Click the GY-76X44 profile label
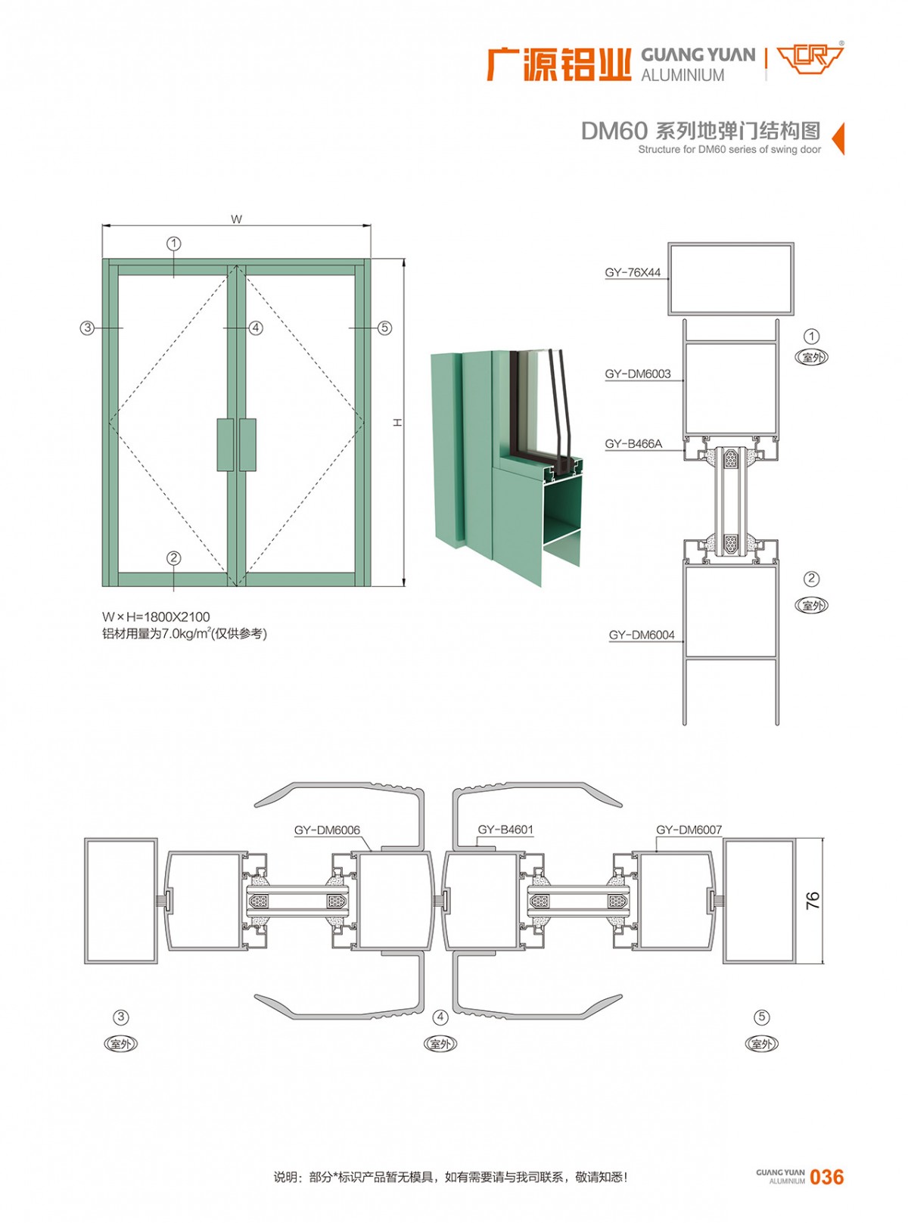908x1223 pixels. pos(633,272)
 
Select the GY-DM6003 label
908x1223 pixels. pos(637,374)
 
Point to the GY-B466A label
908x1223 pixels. pos(633,444)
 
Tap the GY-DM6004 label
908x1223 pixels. pos(642,635)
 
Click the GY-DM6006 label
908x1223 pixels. pos(327,830)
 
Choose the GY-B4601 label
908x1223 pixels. pos(505,830)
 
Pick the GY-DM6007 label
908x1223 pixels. pos(689,830)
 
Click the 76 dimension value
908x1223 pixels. pos(813,900)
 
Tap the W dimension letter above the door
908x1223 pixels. pos(237,219)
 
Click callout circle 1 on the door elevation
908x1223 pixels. pos(174,244)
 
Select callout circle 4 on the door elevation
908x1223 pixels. pos(256,327)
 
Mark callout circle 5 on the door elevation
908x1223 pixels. pos(384,327)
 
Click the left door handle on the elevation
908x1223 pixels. pos(225,445)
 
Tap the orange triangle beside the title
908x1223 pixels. pos(838,138)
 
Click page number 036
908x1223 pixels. pos(826,1177)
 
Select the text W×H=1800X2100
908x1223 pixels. pos(157,617)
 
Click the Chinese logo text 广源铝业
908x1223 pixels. pos(558,64)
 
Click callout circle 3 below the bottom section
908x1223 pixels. pos(121,1017)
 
